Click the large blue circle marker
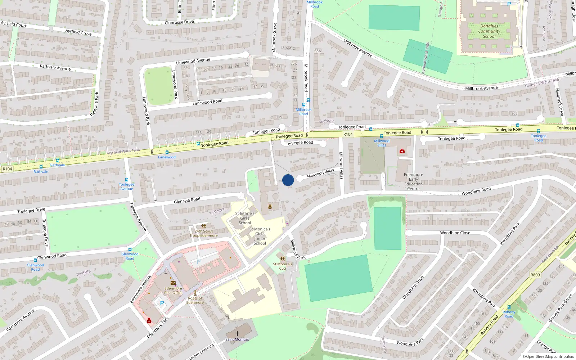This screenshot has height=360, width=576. click(x=288, y=180)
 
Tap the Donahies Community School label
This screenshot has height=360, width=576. click(x=489, y=31)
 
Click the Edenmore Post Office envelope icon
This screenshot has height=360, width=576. click(x=173, y=283)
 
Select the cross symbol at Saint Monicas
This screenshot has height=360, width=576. click(x=237, y=334)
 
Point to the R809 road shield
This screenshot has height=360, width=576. click(x=535, y=275)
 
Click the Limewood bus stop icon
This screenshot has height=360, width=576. click(x=167, y=152)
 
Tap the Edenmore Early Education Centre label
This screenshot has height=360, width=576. click(x=413, y=181)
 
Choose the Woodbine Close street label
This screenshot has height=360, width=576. click(x=455, y=233)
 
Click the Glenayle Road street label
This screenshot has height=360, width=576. click(x=187, y=201)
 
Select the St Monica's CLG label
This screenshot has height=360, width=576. click(x=283, y=266)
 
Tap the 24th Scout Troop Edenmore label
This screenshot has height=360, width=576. click(x=204, y=233)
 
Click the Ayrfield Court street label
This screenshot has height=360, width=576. click(x=14, y=24)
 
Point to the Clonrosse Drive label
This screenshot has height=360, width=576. click(x=179, y=22)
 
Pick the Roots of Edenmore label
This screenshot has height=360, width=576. click(x=195, y=300)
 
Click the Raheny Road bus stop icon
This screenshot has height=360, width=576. click(x=509, y=307)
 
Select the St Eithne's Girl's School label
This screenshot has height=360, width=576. click(x=245, y=218)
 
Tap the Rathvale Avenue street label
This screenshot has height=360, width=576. click(x=55, y=67)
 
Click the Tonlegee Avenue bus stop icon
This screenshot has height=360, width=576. click(x=127, y=180)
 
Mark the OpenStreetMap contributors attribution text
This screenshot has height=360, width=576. click(x=548, y=356)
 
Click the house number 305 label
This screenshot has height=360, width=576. click(x=514, y=113)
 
